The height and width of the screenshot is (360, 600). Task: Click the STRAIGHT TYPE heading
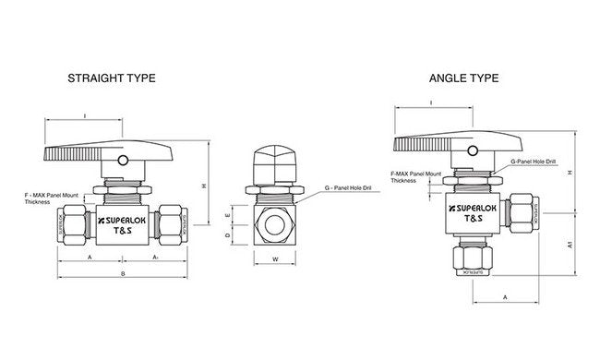pyautogui.click(x=111, y=79)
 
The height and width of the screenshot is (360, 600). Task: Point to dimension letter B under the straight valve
pyautogui.click(x=125, y=274)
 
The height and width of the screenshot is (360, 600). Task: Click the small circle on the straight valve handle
pyautogui.click(x=123, y=161)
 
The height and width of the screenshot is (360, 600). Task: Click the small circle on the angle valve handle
pyautogui.click(x=473, y=151)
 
